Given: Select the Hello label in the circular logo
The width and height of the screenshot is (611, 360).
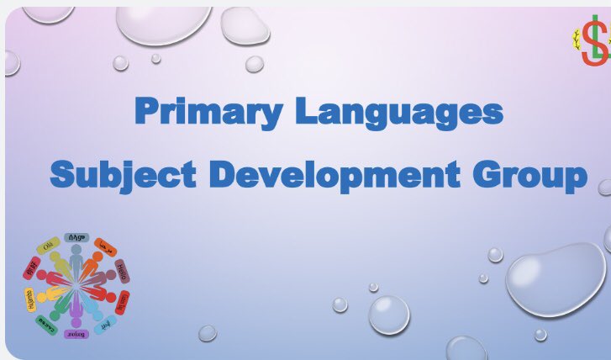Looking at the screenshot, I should click(x=122, y=272).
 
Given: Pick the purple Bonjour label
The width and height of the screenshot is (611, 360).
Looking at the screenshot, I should click(x=76, y=334).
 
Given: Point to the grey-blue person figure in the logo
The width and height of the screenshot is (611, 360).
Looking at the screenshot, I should click(x=76, y=261).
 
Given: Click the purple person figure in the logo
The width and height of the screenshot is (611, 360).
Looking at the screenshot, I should click(x=76, y=313).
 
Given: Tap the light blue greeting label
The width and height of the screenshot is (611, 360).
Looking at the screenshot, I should click(x=105, y=325).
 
